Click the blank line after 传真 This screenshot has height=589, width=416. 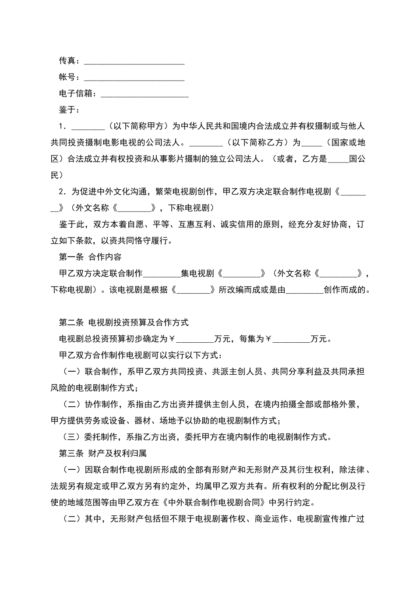[134, 61]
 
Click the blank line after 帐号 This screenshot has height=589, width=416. [134, 78]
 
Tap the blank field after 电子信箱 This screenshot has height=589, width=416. [145, 94]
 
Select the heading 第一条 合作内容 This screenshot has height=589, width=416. [90, 257]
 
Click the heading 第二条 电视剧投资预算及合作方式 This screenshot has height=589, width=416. [123, 323]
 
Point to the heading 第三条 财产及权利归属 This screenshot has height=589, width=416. [105, 453]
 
